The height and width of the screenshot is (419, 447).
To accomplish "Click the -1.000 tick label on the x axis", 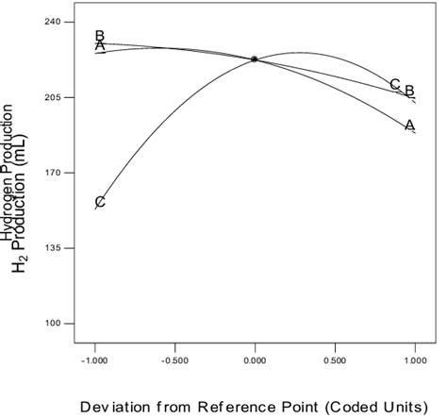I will click(x=93, y=361).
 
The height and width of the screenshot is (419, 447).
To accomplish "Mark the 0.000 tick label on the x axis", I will click(x=256, y=361).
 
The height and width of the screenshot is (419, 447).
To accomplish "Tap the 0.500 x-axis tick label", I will click(x=335, y=361).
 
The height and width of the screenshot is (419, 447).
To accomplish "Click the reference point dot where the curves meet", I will click(x=255, y=59).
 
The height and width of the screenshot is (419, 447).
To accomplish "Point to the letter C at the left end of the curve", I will click(x=99, y=202).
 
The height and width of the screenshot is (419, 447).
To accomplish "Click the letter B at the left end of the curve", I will click(x=99, y=36).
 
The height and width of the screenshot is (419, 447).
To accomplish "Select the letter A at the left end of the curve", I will click(x=99, y=46).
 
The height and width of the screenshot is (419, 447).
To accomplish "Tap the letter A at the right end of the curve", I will click(x=409, y=125).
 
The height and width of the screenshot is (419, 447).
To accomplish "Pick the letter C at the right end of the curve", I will click(x=394, y=84).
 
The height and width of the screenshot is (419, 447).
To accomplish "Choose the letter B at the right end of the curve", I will click(x=409, y=91).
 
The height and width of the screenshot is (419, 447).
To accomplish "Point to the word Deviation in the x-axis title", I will click(x=117, y=407).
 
